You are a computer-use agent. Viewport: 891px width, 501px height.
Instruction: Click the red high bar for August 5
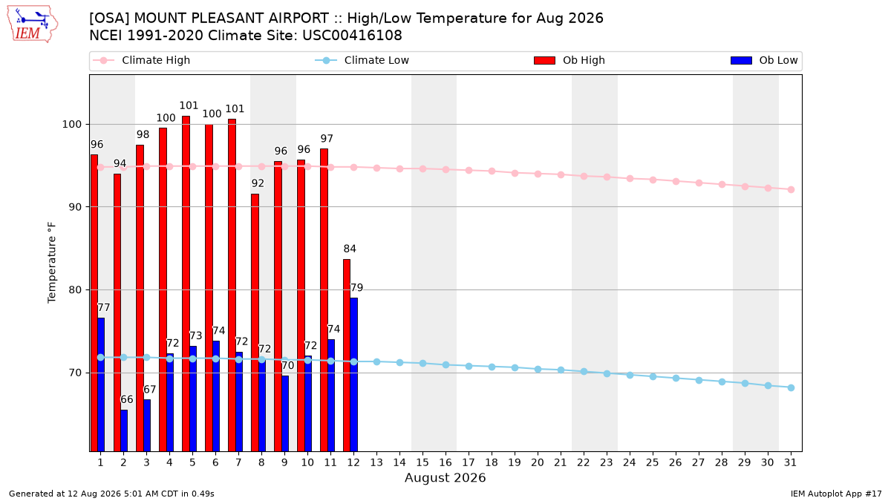click(186, 284)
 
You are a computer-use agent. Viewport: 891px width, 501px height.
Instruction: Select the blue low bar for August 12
click(353, 375)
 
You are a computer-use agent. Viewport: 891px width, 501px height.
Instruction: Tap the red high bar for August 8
click(255, 323)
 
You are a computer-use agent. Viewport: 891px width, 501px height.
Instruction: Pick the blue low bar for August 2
click(124, 431)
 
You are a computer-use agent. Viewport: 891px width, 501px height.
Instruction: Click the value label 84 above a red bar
click(350, 249)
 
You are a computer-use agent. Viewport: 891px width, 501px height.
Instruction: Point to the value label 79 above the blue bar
click(357, 287)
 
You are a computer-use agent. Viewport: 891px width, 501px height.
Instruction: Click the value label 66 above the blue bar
click(127, 399)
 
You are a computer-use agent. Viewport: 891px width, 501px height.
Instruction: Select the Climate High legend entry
click(141, 60)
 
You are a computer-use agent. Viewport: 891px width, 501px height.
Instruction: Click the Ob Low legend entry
click(764, 60)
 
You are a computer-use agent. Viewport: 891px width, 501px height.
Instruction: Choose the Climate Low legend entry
click(362, 60)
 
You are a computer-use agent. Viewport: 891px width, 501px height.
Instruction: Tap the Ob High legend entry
click(569, 60)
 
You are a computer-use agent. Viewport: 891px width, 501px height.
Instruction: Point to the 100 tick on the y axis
click(71, 125)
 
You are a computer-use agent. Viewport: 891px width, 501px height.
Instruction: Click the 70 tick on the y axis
click(75, 373)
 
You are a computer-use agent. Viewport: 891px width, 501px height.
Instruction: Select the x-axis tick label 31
click(790, 463)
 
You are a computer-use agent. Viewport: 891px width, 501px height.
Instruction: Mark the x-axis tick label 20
click(538, 463)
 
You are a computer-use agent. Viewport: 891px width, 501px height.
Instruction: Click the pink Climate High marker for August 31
click(792, 190)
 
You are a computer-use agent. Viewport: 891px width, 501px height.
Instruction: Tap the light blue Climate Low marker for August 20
click(538, 370)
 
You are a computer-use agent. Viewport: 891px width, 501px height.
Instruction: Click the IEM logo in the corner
click(32, 24)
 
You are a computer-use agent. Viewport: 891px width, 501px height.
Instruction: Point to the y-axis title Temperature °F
click(52, 263)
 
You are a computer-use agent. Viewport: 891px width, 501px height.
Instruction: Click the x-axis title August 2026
click(445, 477)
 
